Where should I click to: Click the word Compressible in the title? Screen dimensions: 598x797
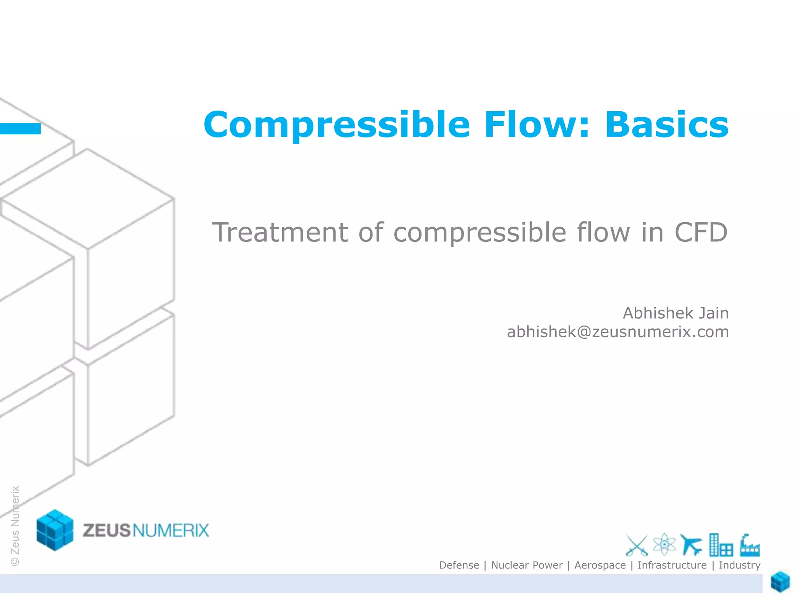337,125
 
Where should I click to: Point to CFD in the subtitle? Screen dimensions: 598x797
700,232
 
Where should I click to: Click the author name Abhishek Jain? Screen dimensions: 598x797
676,313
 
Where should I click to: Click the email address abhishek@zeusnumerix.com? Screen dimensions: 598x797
618,332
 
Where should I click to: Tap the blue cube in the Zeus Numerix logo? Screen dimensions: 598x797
55,530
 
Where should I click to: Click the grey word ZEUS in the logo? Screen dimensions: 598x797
106,531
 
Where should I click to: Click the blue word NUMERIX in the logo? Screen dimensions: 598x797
171,531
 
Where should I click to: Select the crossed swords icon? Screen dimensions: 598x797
636,545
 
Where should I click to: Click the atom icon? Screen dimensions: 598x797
664,544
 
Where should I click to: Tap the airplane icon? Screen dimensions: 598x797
691,544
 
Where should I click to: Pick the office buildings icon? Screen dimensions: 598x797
720,545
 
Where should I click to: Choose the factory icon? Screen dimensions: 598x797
750,545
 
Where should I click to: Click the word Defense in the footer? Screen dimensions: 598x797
459,565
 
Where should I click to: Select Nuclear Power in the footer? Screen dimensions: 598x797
527,565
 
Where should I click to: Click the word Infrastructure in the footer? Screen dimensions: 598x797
672,565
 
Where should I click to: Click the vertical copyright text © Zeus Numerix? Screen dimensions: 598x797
15,526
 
